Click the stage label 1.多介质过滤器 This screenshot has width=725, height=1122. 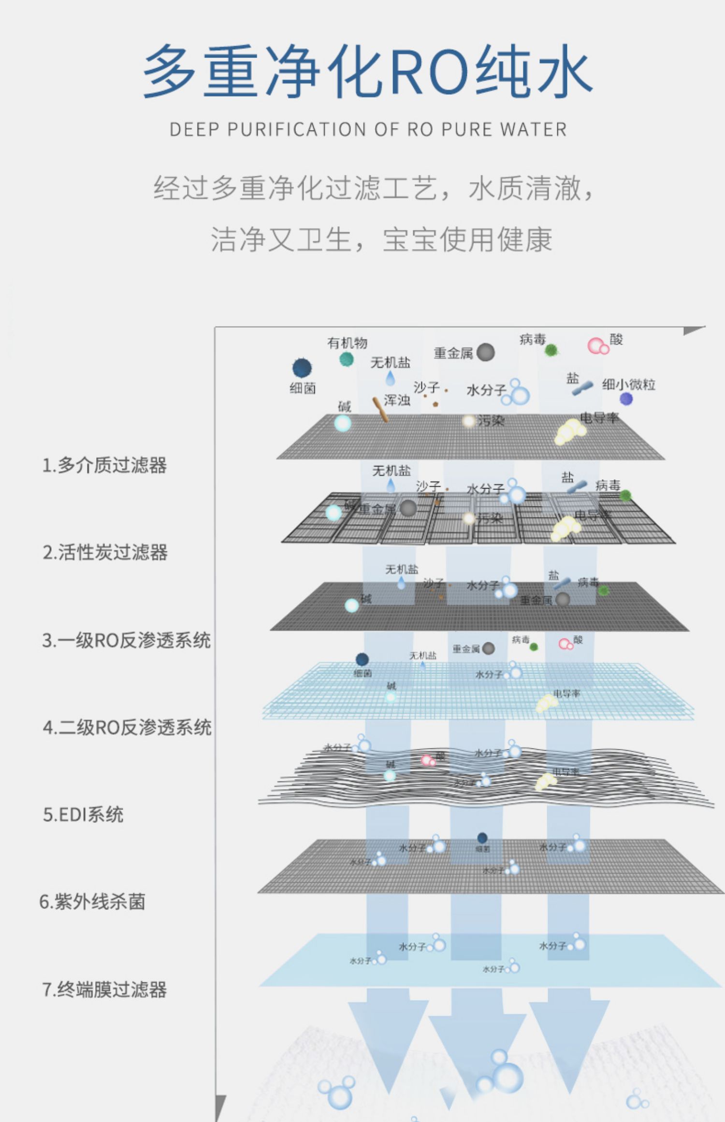[104, 465]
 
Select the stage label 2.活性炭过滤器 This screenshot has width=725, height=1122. [105, 552]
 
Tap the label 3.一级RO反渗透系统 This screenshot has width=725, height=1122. [126, 640]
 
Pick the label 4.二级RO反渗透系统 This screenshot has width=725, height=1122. [127, 727]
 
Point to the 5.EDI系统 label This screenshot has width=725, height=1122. [83, 815]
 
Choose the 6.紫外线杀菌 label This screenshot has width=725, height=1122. [92, 902]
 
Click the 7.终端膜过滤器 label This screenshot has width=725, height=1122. [104, 989]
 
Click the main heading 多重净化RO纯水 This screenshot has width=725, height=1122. [367, 72]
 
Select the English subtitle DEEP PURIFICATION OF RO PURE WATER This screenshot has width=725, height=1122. [368, 129]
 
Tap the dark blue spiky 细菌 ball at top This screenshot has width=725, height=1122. [302, 368]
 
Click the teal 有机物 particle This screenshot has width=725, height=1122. [346, 359]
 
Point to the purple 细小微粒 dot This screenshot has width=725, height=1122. [626, 399]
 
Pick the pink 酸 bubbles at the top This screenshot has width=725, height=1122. [598, 346]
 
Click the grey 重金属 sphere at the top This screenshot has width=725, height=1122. [485, 353]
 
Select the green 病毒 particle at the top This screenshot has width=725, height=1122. [551, 350]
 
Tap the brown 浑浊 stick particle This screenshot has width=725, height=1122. [380, 410]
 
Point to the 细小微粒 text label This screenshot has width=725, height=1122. [628, 385]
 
